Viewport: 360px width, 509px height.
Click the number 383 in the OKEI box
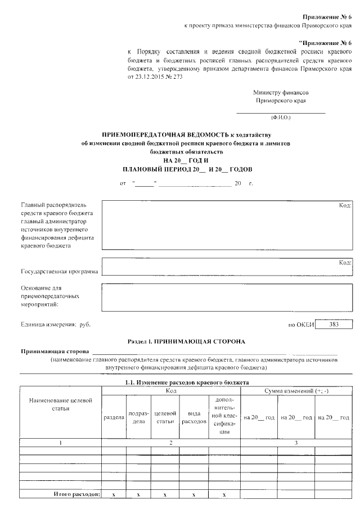(334, 325)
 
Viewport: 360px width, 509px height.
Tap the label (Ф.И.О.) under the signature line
(280, 118)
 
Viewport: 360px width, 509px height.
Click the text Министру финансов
(280, 92)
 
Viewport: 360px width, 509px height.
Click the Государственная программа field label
(59, 271)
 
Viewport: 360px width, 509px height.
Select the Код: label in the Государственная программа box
(345, 263)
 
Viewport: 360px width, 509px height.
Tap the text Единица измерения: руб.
(55, 325)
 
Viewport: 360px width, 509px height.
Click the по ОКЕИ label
(300, 325)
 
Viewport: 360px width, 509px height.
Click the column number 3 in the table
(296, 443)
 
